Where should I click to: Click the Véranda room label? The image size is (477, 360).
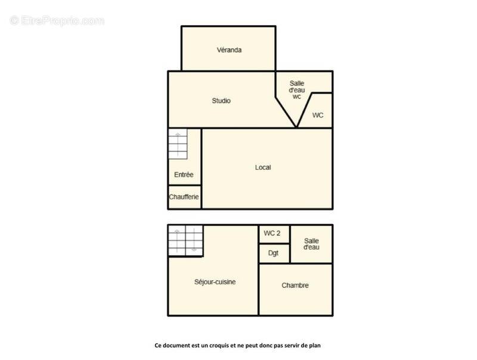229,50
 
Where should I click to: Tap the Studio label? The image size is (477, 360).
221,101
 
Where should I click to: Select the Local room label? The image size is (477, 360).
263,167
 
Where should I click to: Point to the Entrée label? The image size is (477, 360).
184,175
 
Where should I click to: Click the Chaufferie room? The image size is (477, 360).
184,197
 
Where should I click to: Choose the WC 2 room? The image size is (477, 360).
272,233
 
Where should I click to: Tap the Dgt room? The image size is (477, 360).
273,253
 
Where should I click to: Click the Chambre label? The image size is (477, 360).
295,285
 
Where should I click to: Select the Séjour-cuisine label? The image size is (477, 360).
215,282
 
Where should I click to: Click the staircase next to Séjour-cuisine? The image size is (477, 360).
185,240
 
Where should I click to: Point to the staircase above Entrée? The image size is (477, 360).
177,144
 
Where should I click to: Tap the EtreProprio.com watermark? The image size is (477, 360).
57,21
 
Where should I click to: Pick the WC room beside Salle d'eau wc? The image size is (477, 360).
318,115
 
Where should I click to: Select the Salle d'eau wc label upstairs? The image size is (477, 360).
296,89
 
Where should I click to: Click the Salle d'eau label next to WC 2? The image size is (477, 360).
311,243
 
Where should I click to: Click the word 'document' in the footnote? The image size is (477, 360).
179,345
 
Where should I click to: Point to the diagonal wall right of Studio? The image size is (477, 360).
286,111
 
